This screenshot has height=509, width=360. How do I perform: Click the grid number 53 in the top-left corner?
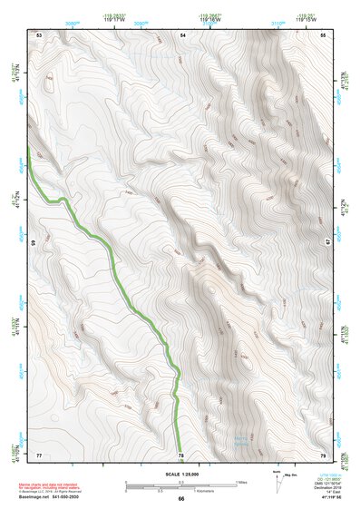click(39, 34)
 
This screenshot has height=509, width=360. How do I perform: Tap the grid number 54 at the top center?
click(182, 34)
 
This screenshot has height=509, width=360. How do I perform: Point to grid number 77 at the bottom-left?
click(39, 454)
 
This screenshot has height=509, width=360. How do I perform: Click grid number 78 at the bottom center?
click(180, 454)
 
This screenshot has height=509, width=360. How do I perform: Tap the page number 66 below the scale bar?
click(180, 498)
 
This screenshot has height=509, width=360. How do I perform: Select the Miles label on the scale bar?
click(241, 481)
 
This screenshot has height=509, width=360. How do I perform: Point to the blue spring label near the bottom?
click(241, 442)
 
